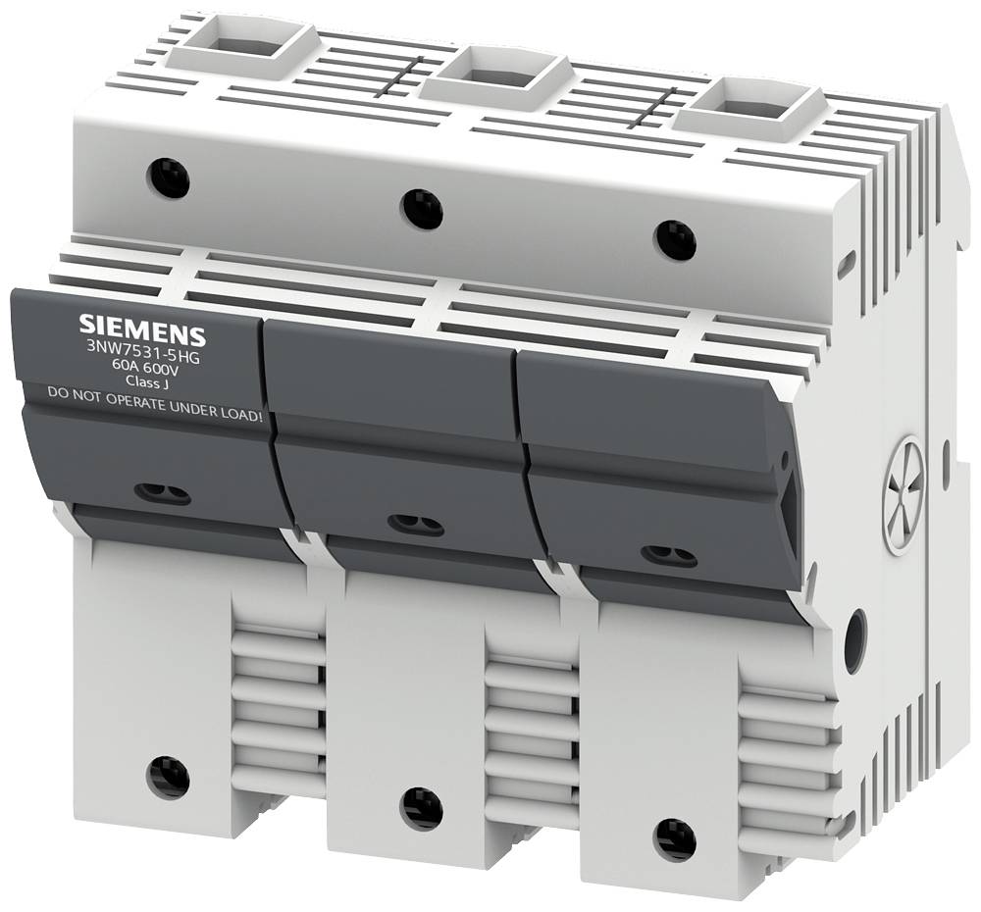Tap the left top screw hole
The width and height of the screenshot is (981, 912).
[167, 178]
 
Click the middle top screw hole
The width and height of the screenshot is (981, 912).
[422, 207]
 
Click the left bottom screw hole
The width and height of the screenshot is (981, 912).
[168, 777]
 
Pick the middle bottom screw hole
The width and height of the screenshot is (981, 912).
[422, 808]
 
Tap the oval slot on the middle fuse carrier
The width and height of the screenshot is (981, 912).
[415, 525]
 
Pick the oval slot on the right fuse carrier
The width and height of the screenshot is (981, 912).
[668, 556]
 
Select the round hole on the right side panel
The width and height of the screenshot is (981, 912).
[854, 640]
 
